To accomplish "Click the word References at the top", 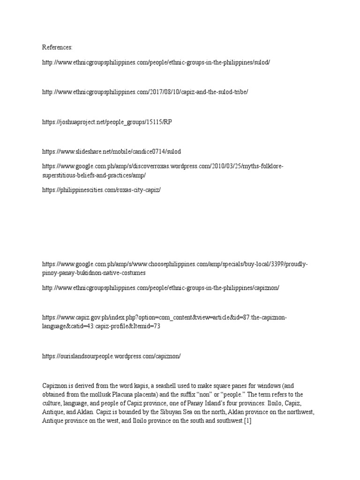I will (57, 47).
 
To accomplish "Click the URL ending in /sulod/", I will (156, 62).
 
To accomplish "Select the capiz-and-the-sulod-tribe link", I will (145, 92).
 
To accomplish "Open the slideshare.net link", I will (112, 151).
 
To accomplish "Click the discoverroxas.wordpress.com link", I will (163, 166).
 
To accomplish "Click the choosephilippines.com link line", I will (175, 264).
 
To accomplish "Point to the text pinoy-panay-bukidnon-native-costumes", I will (94, 273).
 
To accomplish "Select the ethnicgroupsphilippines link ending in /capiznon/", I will (161, 287).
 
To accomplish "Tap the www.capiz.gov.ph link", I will (164, 318).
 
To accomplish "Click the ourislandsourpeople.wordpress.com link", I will (112, 356).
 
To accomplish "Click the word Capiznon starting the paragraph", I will (55, 386).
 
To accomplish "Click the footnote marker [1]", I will (248, 421).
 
